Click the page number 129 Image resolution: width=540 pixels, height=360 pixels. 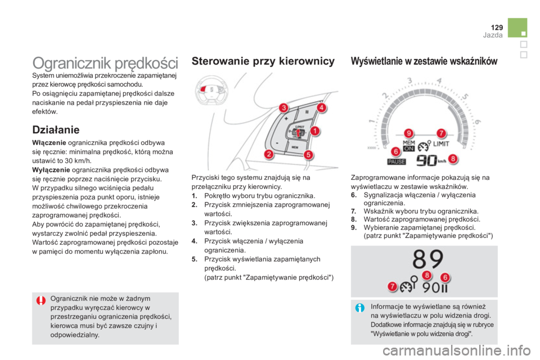pyautogui.click(x=497, y=28)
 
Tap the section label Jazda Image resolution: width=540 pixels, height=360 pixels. pyautogui.click(x=493, y=35)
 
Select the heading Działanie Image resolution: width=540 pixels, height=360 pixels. pyautogui.click(x=56, y=130)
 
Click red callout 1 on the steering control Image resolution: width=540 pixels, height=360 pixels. pyautogui.click(x=315, y=131)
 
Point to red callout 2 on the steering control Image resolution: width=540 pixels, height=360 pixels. pyautogui.click(x=269, y=154)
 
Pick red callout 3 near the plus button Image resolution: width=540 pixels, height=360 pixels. pyautogui.click(x=283, y=108)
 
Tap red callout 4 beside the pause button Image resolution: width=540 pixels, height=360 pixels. pyautogui.click(x=321, y=107)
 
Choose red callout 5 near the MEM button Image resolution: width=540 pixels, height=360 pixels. pyautogui.click(x=309, y=155)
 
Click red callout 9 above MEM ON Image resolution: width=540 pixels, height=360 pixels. pyautogui.click(x=408, y=133)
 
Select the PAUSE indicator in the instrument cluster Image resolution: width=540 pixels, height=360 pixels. pyautogui.click(x=397, y=162)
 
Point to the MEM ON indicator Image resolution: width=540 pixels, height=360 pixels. pyautogui.click(x=409, y=146)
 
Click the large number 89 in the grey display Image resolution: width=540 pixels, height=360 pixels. pyautogui.click(x=428, y=259)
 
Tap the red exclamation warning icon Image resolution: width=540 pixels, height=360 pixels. pyautogui.click(x=40, y=301)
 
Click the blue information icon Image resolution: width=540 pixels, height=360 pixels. pyautogui.click(x=360, y=308)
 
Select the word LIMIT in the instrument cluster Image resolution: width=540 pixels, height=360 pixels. pyautogui.click(x=441, y=143)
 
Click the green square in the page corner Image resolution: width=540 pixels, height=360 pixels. pyautogui.click(x=517, y=28)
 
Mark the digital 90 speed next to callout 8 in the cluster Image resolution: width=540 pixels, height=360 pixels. pyautogui.click(x=427, y=160)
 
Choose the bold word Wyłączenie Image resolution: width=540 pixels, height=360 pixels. pyautogui.click(x=51, y=170)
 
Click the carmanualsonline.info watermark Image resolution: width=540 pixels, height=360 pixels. pyautogui.click(x=456, y=351)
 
